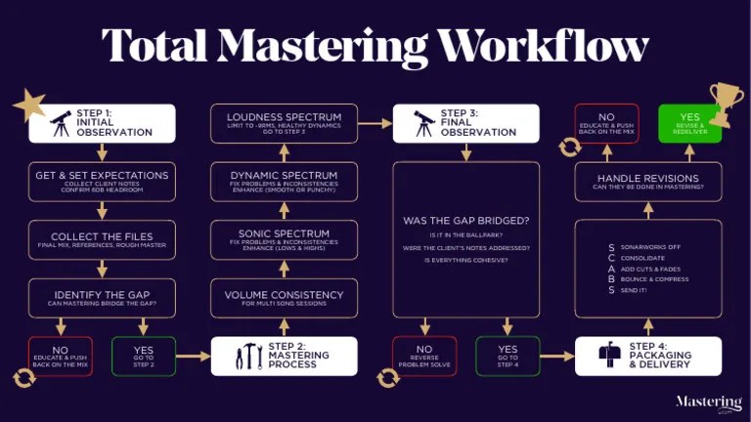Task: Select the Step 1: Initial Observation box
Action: point(102,124)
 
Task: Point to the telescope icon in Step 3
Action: point(424,123)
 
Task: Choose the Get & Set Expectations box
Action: point(102,180)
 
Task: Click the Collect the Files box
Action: point(102,239)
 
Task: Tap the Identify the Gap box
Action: point(102,297)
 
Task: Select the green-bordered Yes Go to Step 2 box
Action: point(144,356)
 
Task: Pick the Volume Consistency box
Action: point(285,297)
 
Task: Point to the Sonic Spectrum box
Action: point(285,239)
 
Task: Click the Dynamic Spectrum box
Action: point(285,181)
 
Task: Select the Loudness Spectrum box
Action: point(285,124)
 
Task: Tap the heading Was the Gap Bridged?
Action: point(465,221)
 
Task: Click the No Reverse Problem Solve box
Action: point(424,356)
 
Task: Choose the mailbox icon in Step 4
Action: point(608,357)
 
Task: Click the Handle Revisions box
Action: point(647,181)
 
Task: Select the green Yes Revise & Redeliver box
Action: point(690,124)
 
